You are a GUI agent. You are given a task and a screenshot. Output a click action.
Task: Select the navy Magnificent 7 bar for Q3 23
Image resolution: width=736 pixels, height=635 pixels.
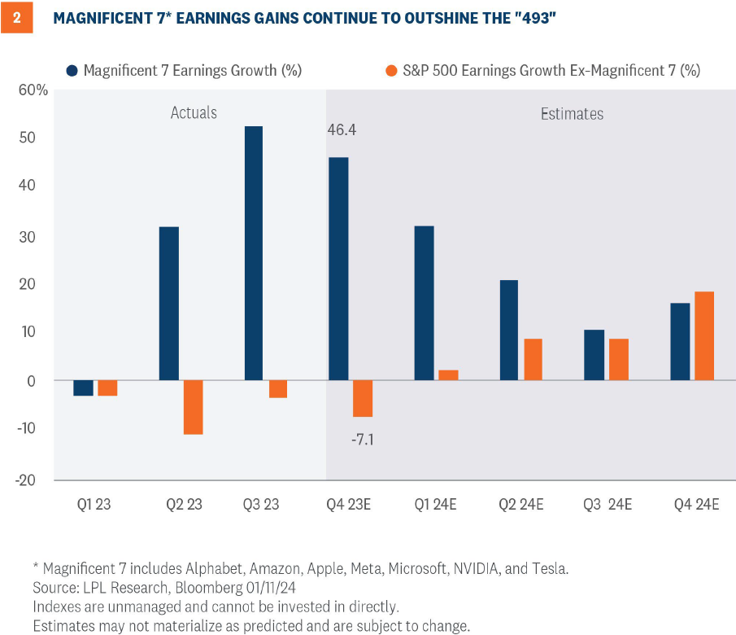coord(254,253)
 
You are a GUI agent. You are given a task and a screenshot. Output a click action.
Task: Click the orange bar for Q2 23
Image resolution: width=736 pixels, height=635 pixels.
coord(193,407)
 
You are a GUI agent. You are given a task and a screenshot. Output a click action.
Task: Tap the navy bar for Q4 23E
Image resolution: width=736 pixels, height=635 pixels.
coord(338,269)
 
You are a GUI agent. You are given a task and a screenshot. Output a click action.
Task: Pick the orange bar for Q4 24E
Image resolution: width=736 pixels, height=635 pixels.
coord(703,335)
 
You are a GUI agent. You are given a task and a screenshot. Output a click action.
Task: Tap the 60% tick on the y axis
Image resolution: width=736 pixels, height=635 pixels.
coord(33,90)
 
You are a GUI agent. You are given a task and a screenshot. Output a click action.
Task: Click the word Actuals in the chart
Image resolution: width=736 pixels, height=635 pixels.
coord(194,112)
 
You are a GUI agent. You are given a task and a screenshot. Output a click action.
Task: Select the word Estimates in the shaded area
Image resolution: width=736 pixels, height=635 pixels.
coord(572,113)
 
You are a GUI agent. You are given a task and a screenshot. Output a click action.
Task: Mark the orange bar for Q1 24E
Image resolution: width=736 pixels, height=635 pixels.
coord(448,375)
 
